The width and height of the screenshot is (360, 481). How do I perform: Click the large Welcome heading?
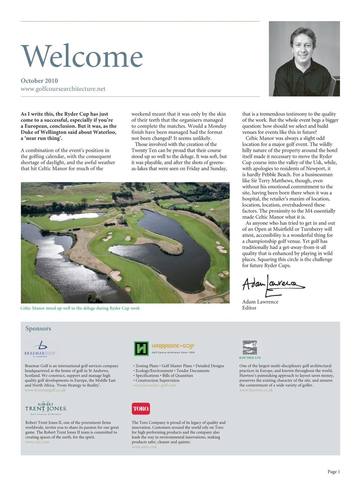click(82, 56)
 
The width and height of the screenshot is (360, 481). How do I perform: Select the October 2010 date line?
click(39, 80)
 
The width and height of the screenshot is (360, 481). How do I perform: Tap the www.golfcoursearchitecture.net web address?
click(63, 89)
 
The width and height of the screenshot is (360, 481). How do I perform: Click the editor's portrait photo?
click(304, 59)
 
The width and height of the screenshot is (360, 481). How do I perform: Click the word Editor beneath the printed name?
click(249, 308)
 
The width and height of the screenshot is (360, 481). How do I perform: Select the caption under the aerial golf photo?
click(80, 308)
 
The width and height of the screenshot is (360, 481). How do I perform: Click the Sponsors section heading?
click(38, 328)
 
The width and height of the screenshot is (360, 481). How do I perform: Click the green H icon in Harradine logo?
click(141, 349)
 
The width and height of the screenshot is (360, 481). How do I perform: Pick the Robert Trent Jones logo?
click(46, 408)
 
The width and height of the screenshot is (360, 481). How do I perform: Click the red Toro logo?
click(141, 408)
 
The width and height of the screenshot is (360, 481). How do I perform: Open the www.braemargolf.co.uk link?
click(45, 390)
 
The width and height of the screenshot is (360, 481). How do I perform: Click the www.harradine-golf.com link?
click(154, 385)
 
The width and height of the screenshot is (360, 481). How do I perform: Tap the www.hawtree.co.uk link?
click(256, 390)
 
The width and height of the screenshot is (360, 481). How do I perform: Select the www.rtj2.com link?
click(37, 442)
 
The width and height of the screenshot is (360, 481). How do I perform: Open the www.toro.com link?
click(144, 447)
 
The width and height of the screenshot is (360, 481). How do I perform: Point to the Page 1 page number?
click(333, 472)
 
